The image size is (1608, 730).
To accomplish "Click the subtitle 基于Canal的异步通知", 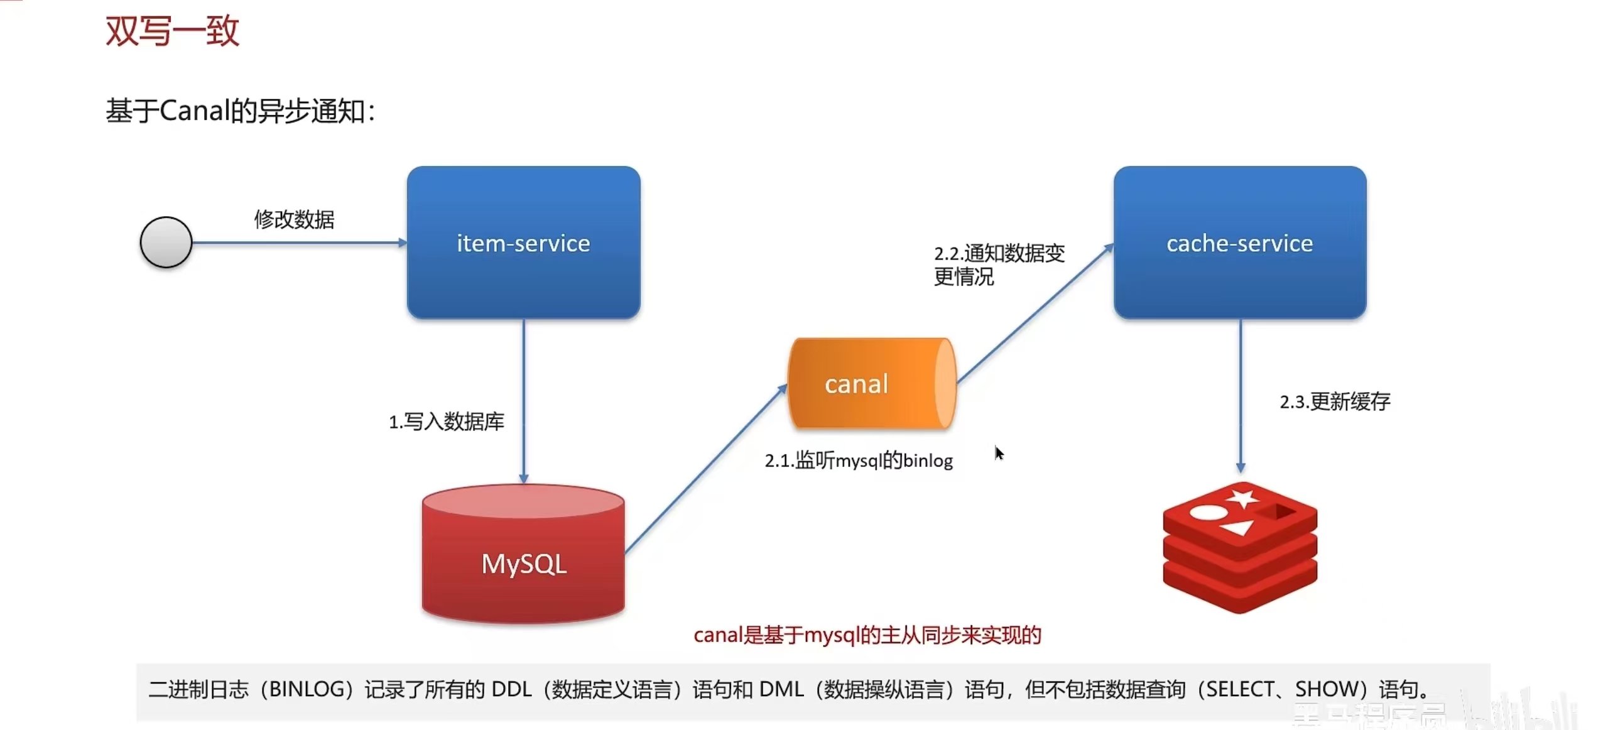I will [x=240, y=111].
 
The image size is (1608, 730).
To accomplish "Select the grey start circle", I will [x=166, y=242].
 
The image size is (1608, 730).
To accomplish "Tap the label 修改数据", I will [x=294, y=219].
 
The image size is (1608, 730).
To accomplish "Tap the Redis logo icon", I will [x=1239, y=547].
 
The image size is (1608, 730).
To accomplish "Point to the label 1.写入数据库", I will [x=446, y=422].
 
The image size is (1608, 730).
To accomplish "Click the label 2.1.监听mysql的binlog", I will [x=858, y=460].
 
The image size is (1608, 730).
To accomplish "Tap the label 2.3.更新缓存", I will [x=1335, y=401].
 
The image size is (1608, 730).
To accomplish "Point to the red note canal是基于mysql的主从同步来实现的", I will [x=867, y=635].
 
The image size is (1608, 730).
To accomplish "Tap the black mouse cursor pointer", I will [x=999, y=453].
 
